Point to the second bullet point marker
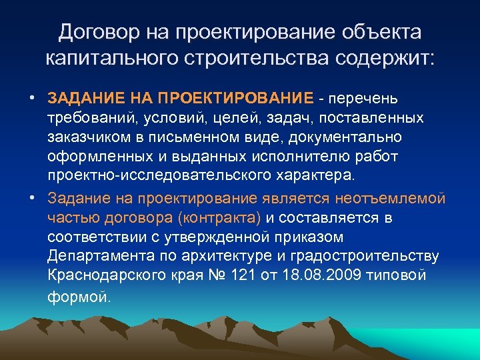(32, 199)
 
